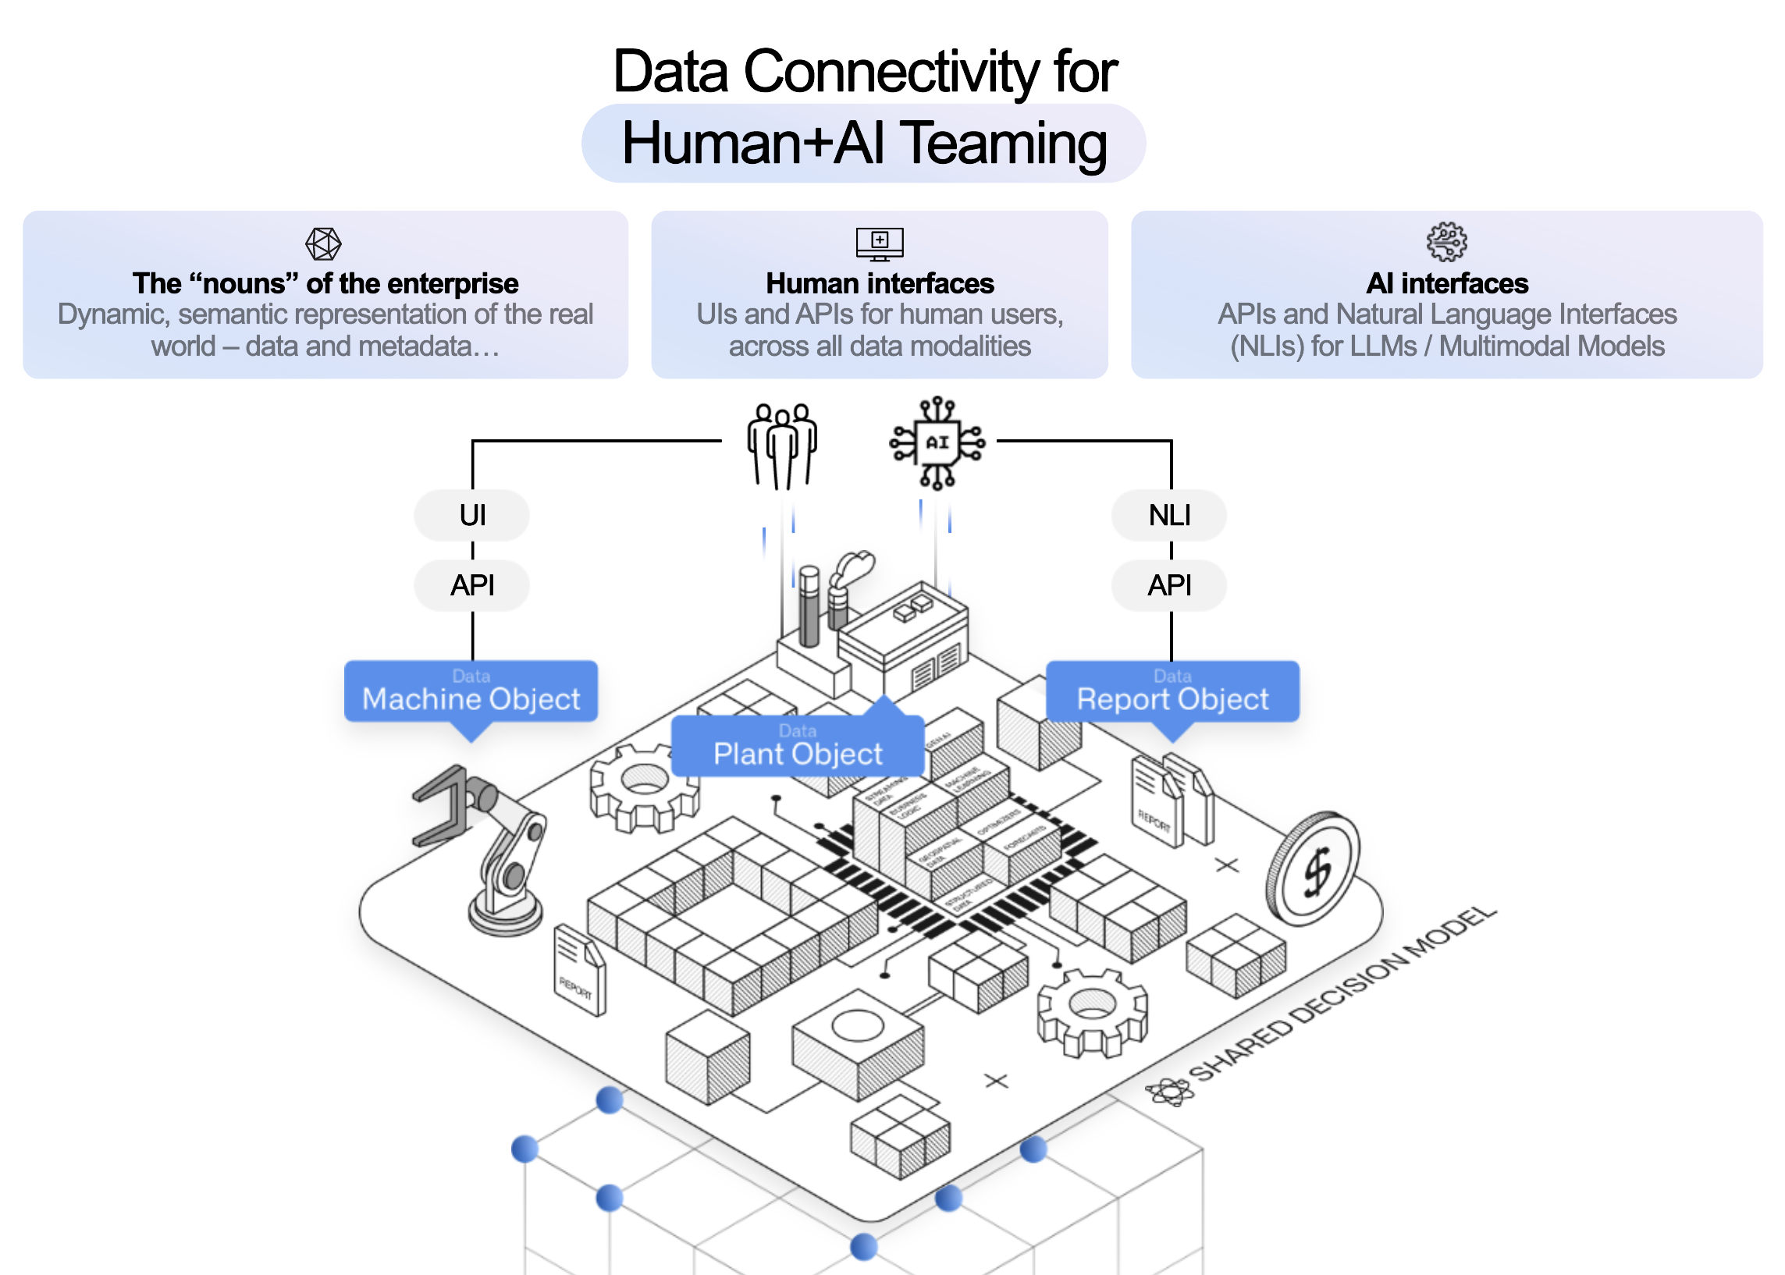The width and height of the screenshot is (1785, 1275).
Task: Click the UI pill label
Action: (471, 515)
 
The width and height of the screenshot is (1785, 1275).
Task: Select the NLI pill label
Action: (1168, 515)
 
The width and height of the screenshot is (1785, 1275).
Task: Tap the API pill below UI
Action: (471, 585)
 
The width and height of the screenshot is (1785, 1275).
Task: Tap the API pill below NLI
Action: (1168, 585)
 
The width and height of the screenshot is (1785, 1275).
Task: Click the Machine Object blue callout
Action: (471, 691)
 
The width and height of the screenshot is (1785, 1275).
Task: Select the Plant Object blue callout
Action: (797, 746)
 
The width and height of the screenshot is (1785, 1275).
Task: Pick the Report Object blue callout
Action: (1172, 691)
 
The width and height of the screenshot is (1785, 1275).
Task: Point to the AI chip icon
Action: (937, 442)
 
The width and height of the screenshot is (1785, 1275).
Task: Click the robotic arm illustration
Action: (487, 848)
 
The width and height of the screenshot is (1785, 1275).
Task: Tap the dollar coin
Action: (1313, 868)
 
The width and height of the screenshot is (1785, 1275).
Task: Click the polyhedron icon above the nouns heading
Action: (323, 243)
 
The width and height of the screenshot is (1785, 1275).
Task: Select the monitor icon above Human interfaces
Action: (879, 243)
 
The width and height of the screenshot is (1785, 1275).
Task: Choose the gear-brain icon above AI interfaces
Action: (1445, 242)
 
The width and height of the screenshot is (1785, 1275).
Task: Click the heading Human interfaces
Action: (879, 283)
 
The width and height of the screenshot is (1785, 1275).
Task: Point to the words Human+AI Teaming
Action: (863, 144)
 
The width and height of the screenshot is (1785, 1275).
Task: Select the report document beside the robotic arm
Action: (579, 970)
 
